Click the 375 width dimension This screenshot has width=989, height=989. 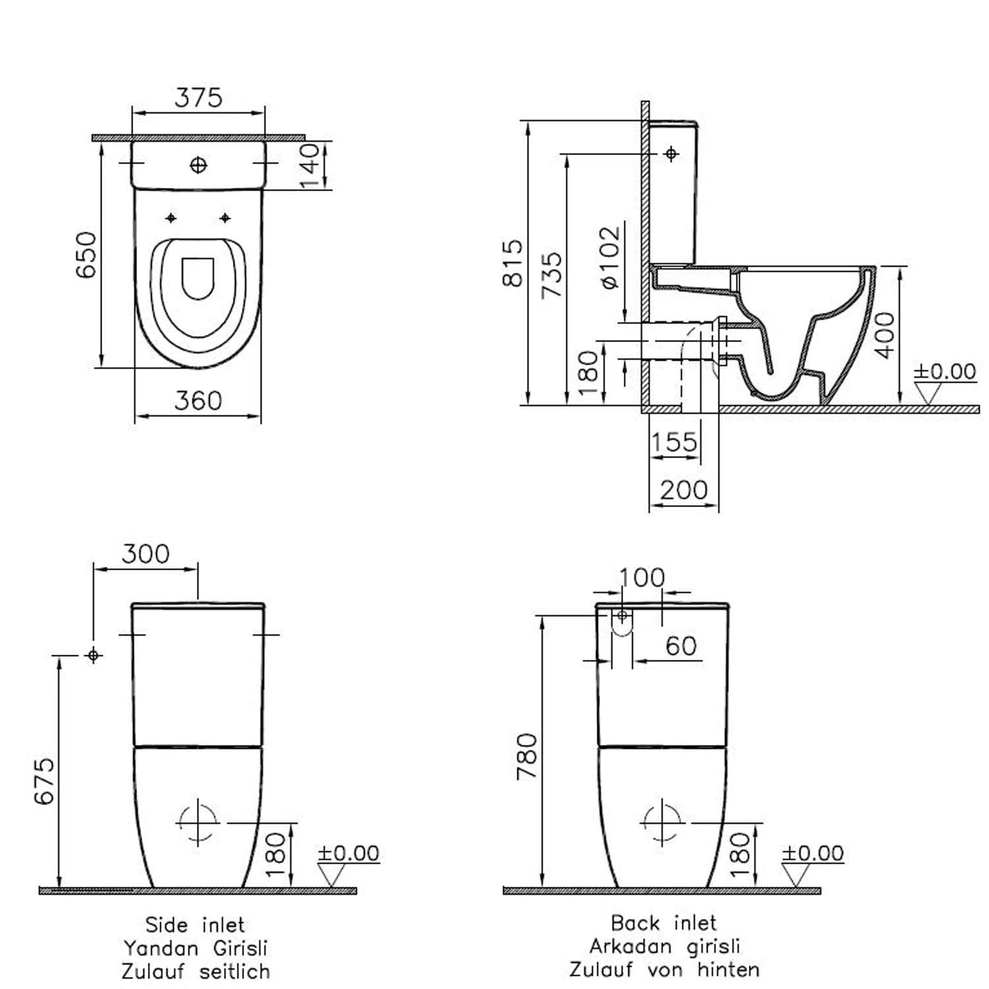(x=198, y=98)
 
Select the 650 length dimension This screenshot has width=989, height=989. (x=86, y=255)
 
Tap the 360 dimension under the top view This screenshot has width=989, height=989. (x=198, y=400)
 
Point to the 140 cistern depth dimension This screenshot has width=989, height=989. (x=309, y=165)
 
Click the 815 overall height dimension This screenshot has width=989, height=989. (x=512, y=263)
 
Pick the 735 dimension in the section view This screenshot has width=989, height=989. (x=552, y=274)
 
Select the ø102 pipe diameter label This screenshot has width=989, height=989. (x=611, y=258)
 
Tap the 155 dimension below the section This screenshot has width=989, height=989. (x=674, y=442)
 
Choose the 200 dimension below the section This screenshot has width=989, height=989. (x=684, y=490)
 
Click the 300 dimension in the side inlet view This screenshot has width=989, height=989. (x=146, y=554)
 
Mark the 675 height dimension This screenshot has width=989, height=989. (x=44, y=781)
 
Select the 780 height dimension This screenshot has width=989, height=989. (x=527, y=756)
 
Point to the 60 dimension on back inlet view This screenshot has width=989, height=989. (x=681, y=646)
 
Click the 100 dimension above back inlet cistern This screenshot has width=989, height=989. (x=642, y=578)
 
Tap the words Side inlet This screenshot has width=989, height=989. (x=195, y=924)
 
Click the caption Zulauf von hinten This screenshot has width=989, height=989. (x=665, y=969)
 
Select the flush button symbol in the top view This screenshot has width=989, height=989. (x=198, y=165)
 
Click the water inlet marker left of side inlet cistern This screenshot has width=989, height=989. (x=94, y=655)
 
